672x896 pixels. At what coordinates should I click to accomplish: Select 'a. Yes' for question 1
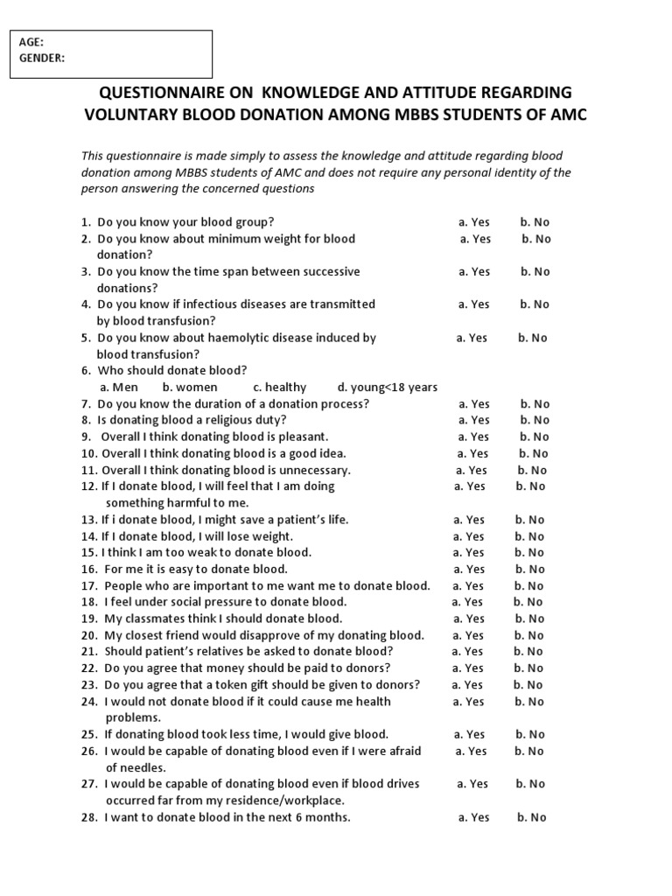pos(474,222)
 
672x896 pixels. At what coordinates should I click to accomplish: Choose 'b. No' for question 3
pos(535,271)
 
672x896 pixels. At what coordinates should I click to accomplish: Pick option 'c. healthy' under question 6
pos(280,388)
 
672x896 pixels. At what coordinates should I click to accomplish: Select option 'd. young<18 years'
pos(388,388)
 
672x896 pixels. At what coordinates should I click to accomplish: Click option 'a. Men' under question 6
pos(119,388)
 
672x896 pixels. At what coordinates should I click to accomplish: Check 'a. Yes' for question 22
pos(468,668)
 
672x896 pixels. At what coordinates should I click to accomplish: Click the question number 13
pos(88,520)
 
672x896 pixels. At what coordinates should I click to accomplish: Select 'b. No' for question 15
pos(528,552)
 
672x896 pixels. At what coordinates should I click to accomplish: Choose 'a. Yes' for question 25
pos(469,734)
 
